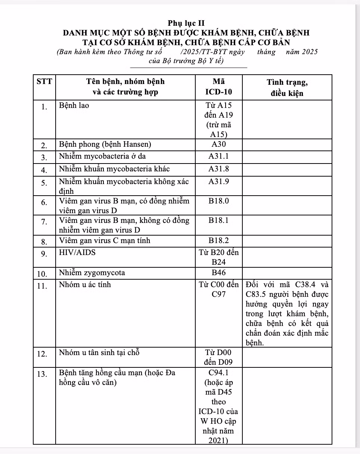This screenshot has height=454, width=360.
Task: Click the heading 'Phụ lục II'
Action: point(186,23)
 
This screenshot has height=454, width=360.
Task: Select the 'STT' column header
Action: point(44,81)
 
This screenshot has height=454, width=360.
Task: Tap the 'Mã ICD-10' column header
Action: point(219,87)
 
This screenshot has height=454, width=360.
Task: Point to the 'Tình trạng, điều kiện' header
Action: point(287,87)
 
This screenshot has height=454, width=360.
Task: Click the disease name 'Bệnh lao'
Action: point(74,105)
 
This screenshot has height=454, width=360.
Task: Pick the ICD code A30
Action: point(219,144)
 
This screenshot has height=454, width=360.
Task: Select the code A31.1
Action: point(219,156)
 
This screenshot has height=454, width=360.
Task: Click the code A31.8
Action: point(219,169)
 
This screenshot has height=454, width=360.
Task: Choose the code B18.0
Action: point(219,201)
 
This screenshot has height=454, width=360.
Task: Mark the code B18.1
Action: point(219,220)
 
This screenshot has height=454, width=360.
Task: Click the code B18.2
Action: point(219,240)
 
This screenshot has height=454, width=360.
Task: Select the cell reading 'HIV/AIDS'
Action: point(78,252)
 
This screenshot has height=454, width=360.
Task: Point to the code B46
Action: point(219,273)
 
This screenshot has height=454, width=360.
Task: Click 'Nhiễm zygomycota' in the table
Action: point(92,273)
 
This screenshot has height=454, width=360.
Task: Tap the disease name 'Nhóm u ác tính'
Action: point(85,285)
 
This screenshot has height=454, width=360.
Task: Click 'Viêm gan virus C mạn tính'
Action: point(105,240)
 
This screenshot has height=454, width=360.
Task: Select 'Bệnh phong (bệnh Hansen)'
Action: point(105,144)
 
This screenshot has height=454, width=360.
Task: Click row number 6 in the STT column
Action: point(44,202)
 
